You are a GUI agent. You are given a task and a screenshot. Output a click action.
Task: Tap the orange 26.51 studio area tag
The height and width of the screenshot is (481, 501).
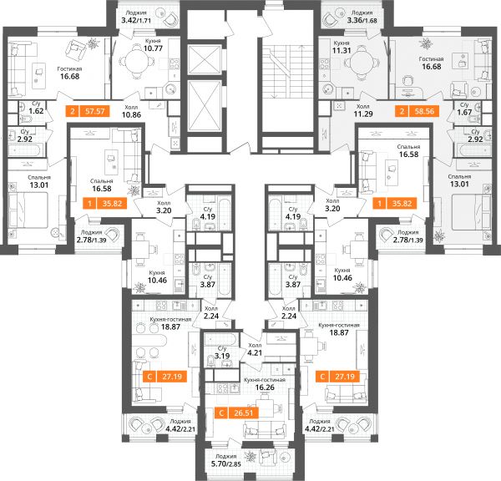[x=237, y=413]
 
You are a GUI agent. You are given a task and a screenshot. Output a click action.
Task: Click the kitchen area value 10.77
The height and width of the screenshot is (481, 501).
[x=153, y=48]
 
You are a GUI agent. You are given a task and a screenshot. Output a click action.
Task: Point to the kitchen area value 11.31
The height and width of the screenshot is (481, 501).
[x=342, y=50]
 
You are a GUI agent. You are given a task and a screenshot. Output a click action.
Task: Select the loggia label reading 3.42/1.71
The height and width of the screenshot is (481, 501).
[x=136, y=20]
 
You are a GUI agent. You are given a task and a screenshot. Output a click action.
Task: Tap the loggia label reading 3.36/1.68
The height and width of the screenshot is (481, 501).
[x=362, y=20]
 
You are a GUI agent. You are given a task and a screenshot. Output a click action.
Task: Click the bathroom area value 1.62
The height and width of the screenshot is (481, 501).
[x=36, y=111]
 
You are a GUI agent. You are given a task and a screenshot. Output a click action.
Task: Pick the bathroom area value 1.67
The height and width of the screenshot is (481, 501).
[x=464, y=112]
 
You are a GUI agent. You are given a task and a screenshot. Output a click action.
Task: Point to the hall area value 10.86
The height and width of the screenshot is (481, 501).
[x=131, y=114]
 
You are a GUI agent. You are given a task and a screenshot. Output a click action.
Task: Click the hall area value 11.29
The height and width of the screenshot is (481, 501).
[x=363, y=114]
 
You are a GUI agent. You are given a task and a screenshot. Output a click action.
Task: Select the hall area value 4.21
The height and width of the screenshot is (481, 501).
[x=255, y=353]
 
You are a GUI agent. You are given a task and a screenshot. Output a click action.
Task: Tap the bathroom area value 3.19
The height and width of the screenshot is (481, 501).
[x=222, y=356]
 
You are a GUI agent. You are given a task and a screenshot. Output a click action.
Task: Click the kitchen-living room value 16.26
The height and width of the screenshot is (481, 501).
[x=265, y=387]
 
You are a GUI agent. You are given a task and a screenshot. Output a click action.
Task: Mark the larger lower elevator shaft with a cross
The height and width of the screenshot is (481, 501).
[x=205, y=106]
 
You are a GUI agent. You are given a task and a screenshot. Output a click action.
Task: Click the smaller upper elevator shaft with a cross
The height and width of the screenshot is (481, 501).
[x=205, y=60]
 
